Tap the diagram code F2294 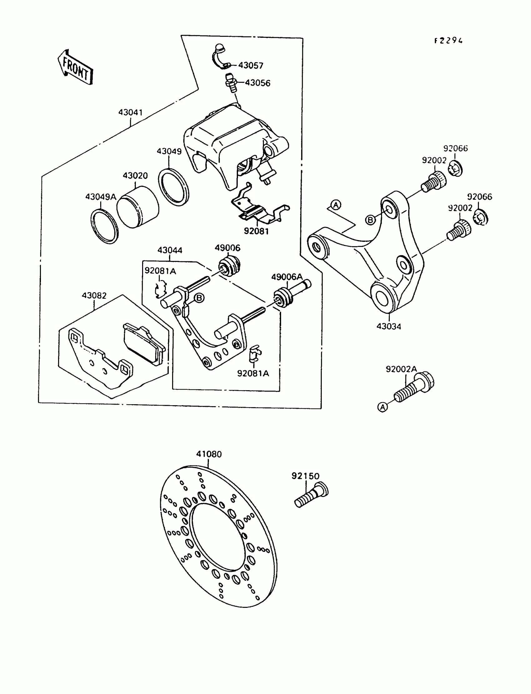pos(449,41)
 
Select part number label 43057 pos(251,65)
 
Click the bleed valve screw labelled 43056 pos(231,83)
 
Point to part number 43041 pos(131,112)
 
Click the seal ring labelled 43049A pos(104,226)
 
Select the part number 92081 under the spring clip pos(256,231)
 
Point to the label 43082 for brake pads pos(94,295)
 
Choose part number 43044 pos(170,250)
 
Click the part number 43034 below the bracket pos(389,326)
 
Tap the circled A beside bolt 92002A pos(382,407)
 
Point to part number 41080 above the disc pos(209,454)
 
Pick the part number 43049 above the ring pos(169,151)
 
